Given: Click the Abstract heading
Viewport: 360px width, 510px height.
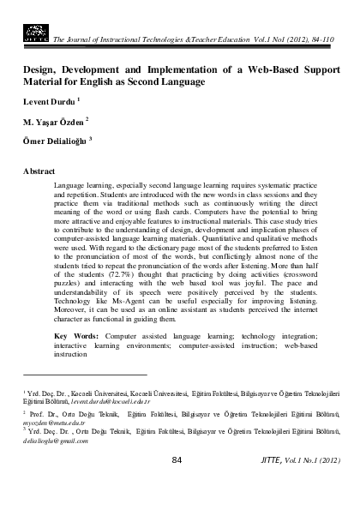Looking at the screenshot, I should click(x=39, y=171).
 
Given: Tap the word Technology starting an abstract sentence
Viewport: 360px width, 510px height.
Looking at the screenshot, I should click(x=80, y=320).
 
